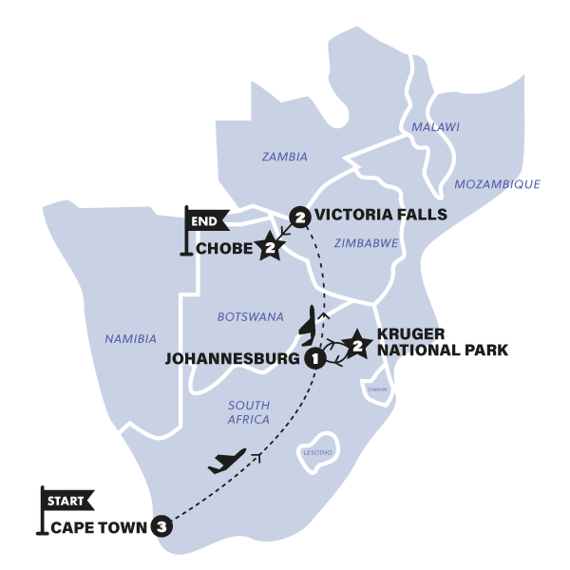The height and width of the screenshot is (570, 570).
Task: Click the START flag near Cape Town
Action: coord(66,498)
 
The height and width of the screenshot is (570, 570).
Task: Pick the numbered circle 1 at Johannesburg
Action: coord(314,358)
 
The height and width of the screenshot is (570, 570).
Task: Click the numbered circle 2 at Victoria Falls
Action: coord(300,218)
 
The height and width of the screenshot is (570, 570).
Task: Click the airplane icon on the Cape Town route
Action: coord(225,462)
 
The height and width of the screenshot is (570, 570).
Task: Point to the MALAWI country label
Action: coord(435,127)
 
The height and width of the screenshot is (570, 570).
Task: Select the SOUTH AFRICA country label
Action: coord(249,411)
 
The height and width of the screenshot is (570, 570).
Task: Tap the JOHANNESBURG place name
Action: coord(234,359)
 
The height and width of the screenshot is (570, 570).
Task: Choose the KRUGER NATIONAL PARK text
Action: coord(442,342)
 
